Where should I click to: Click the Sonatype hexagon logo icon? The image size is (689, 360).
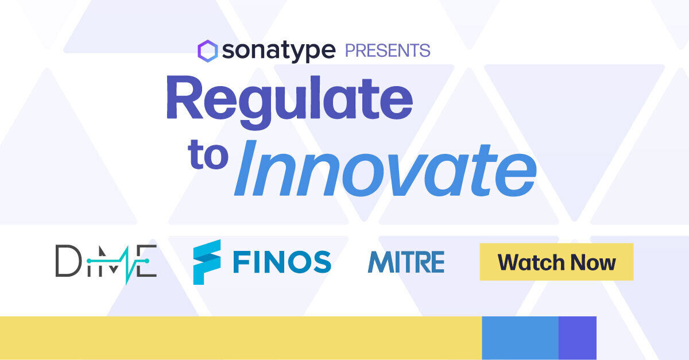coord(207,51)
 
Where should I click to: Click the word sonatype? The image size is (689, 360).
coord(278,51)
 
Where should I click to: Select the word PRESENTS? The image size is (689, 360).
coord(387,51)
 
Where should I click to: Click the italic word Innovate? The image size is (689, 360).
coord(385,168)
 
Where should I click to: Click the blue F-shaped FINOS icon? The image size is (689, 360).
coord(207,262)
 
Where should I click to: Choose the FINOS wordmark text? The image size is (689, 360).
coord(282,262)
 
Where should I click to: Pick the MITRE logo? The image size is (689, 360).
coord(406,262)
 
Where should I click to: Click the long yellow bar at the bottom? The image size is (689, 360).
coord(241,338)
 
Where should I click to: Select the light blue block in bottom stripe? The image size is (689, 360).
coord(520,338)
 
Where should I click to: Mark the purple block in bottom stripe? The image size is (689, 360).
coord(577,338)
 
